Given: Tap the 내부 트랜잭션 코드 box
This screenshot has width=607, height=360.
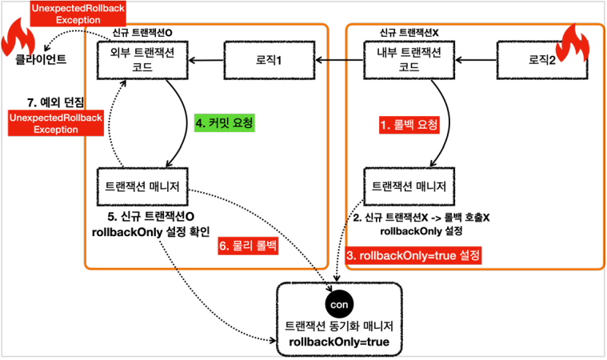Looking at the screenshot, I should coord(409,61).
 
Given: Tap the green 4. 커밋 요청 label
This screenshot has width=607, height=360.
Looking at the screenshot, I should coord(224,124).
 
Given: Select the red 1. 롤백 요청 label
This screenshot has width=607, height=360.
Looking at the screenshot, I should coord(409,125).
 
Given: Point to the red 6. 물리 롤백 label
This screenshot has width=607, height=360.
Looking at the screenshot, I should coord(248,247).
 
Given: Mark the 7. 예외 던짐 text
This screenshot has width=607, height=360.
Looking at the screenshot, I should coord(56,102).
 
